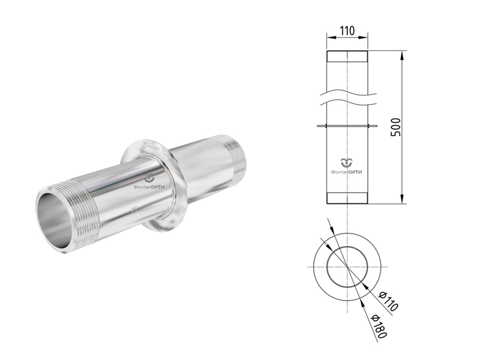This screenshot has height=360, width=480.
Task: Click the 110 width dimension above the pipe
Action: pos(347,31)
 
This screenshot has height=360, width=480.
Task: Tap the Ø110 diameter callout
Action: pos(388,301)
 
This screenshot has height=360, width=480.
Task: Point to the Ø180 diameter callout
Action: pos(379,326)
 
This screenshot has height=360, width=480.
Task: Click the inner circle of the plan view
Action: pos(327,267)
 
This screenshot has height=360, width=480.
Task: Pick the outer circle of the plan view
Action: pos(313,267)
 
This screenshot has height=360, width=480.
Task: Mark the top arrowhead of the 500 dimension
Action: pos(402,55)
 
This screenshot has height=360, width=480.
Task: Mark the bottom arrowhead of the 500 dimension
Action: pos(402,199)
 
